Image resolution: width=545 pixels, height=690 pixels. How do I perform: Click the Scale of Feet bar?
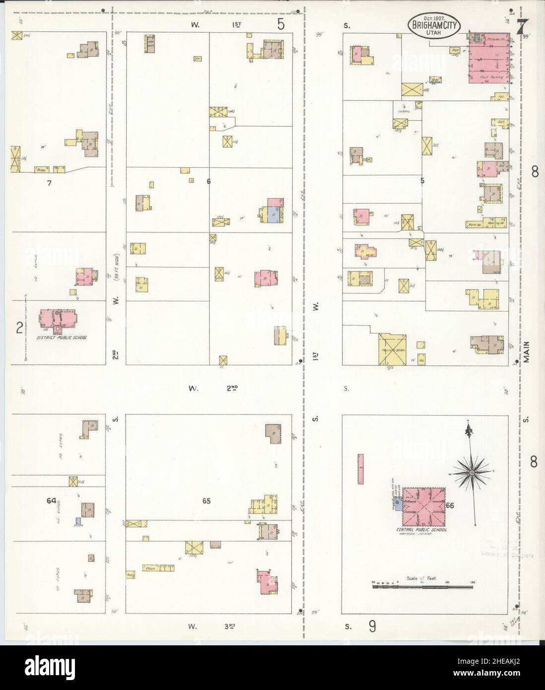point(424,587)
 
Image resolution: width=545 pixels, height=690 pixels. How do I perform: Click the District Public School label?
point(63,338)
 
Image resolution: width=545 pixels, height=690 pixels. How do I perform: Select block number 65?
point(206,501)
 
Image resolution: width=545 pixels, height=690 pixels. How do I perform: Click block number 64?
point(51,501)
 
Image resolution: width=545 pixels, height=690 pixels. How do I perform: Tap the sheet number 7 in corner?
point(522,28)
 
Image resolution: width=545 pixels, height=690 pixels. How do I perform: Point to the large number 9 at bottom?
point(372,627)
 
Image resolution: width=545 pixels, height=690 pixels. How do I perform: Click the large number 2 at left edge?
point(19,328)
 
